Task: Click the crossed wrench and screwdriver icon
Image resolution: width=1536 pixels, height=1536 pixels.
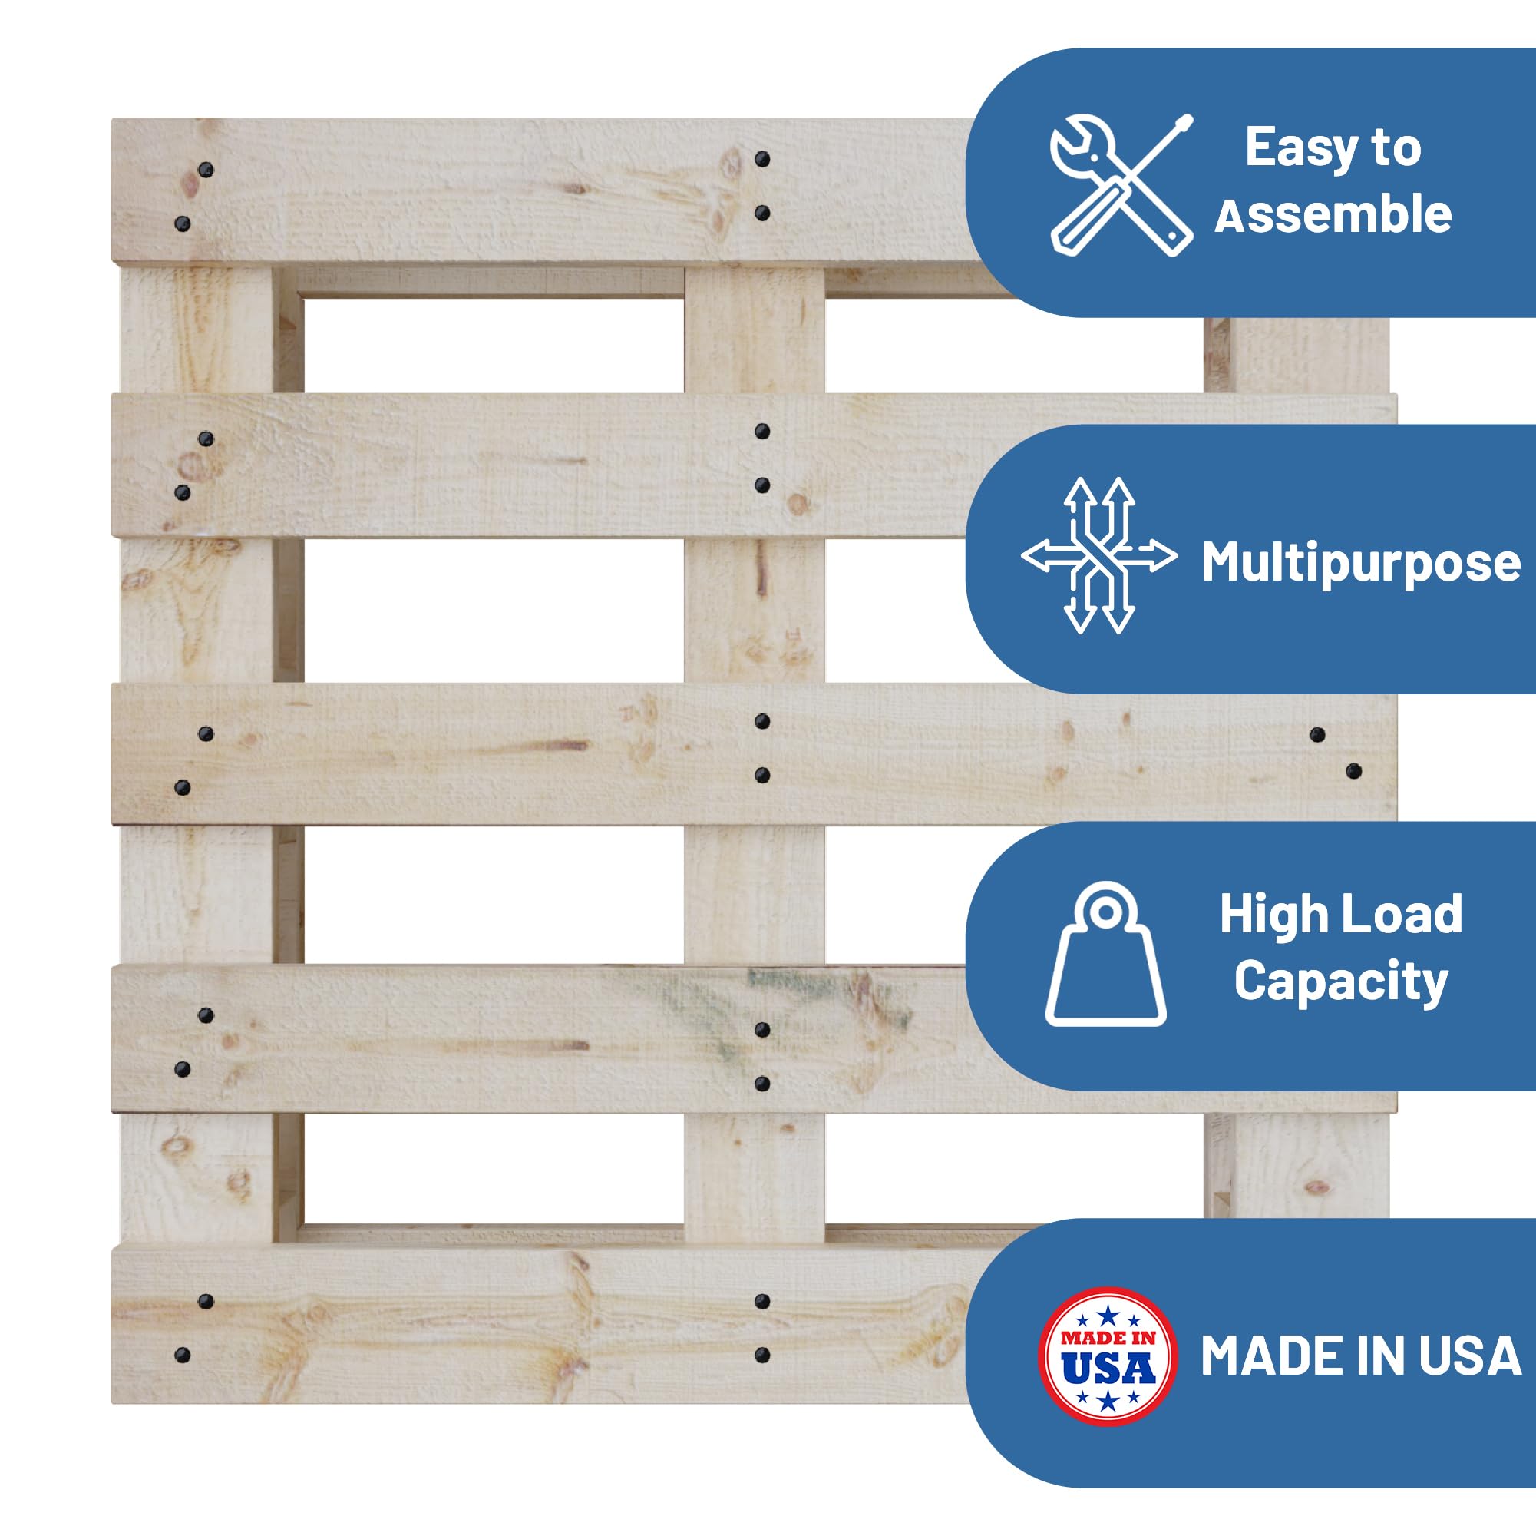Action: tap(1121, 184)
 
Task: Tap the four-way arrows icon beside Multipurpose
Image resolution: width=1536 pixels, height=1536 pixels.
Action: tap(1099, 555)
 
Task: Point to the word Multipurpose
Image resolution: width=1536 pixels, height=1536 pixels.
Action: tap(1360, 562)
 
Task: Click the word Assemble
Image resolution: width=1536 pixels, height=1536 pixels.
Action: tap(1333, 215)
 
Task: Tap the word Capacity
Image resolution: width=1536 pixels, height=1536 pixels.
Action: tap(1340, 981)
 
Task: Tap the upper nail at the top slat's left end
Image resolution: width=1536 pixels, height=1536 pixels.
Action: tap(206, 170)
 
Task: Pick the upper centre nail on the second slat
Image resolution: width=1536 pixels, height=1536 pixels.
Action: tap(762, 432)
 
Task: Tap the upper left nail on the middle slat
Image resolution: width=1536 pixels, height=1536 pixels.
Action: tap(206, 733)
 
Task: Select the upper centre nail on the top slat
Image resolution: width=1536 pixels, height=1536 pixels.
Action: tap(762, 159)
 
